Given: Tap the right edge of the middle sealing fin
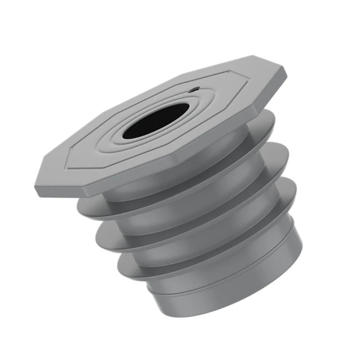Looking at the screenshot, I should point(288,155).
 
